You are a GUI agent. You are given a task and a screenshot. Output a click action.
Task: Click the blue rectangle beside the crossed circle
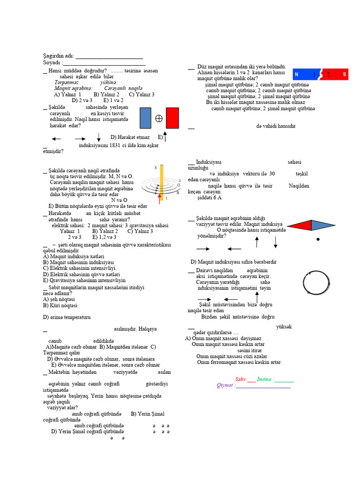[146, 118]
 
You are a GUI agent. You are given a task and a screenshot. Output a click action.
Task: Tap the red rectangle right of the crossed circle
[172, 118]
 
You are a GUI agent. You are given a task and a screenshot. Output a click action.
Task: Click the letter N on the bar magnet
[296, 75]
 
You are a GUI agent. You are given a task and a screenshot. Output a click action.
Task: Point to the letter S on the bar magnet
[345, 75]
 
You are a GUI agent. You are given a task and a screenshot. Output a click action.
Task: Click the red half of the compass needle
[299, 225]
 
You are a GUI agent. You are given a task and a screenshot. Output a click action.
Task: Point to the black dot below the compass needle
[318, 240]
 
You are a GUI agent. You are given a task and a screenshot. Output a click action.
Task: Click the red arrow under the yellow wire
[160, 197]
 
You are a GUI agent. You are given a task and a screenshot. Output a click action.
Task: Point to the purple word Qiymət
[225, 385]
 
